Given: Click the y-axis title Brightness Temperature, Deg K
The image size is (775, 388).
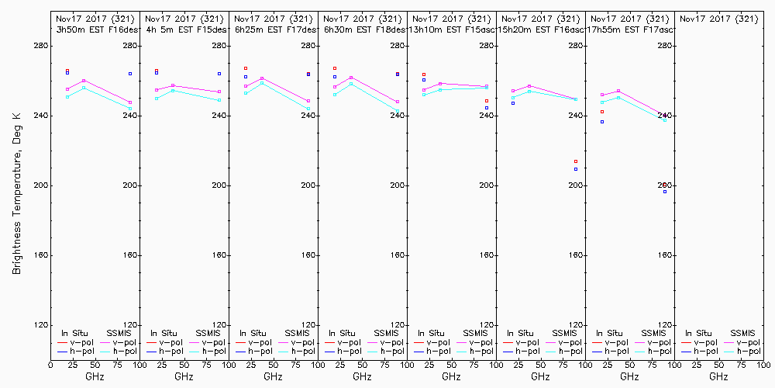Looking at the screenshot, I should (x=16, y=191).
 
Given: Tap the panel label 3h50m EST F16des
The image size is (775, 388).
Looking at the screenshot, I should (x=95, y=29).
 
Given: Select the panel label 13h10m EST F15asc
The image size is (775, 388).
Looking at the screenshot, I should (x=452, y=29).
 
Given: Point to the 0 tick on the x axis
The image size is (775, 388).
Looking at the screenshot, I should (x=50, y=362).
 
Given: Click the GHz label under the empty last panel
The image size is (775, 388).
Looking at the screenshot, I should (x=718, y=376).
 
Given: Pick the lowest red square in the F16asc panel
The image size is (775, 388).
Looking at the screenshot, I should (x=576, y=161).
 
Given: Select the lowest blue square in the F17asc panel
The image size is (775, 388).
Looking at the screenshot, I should (x=665, y=191).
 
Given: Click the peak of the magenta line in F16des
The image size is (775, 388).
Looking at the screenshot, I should (x=84, y=80).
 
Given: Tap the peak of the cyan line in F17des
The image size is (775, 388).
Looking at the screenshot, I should (x=262, y=82).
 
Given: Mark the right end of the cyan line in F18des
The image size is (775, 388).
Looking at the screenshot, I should (x=398, y=112).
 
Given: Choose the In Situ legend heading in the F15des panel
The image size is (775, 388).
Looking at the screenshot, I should (x=163, y=333).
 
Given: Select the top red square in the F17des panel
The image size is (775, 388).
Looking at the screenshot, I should (x=246, y=68).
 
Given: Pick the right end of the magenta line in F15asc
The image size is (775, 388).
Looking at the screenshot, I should (x=487, y=86).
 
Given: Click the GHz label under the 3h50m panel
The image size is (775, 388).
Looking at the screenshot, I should (x=95, y=376).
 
